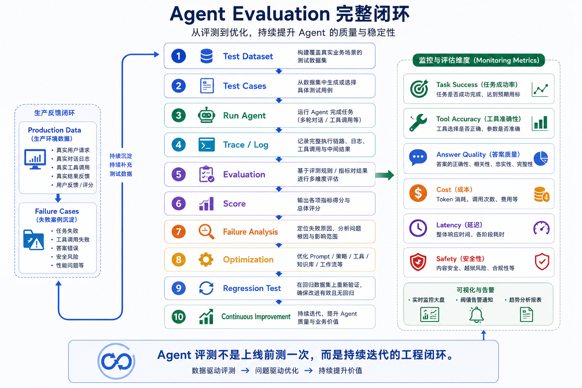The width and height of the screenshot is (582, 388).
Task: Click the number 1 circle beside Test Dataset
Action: tap(178, 56)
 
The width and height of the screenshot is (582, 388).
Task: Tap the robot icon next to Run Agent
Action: tap(206, 115)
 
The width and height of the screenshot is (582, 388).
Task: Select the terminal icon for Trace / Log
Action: tap(207, 144)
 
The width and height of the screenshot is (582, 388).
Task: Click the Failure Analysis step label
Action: tap(250, 232)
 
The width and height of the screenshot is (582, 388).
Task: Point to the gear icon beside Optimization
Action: tap(206, 259)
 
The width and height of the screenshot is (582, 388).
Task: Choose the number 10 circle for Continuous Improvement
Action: tap(178, 316)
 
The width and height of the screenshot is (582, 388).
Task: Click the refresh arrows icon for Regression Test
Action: tap(206, 288)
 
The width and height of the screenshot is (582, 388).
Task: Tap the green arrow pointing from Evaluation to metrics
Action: tap(385, 175)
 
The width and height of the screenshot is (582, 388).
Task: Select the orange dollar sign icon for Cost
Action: tap(418, 193)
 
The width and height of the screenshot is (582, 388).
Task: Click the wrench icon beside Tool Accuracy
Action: tap(418, 123)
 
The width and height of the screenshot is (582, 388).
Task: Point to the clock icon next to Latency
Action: tap(418, 228)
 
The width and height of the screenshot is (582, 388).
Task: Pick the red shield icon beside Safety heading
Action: tap(418, 262)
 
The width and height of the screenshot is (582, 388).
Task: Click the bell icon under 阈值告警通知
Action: tap(476, 315)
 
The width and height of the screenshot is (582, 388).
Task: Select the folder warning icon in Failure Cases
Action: tap(33, 240)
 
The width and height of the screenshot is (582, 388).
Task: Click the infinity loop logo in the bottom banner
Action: tap(116, 361)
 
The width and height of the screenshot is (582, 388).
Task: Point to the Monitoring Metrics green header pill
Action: tap(479, 60)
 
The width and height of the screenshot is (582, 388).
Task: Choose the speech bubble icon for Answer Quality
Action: tap(418, 158)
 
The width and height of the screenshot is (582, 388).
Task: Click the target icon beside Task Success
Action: tap(419, 88)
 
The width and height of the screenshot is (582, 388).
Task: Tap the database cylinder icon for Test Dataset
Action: tap(207, 56)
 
